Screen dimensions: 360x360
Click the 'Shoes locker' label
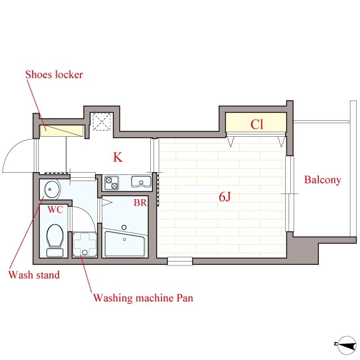pos(54,74)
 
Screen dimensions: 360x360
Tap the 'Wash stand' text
pos(34,274)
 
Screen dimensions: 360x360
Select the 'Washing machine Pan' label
pos(143,298)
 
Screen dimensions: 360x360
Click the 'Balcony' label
pos(322,180)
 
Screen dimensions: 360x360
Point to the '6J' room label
pos(225,197)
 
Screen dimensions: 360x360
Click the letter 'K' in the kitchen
pos(118,157)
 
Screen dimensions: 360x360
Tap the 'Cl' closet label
pos(256,124)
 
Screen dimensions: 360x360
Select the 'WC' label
pos(55,209)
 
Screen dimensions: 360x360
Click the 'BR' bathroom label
pos(140,202)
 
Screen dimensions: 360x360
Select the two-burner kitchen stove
pos(111,183)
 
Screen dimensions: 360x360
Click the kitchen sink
pos(141,182)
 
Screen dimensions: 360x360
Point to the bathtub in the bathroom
pos(125,244)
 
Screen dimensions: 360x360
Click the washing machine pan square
pos(85,245)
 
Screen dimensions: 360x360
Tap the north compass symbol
pos(346,345)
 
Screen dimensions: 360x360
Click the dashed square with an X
pos(102,121)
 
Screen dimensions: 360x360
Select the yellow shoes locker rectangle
pos(61,131)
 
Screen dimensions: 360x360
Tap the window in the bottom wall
pos(180,261)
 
